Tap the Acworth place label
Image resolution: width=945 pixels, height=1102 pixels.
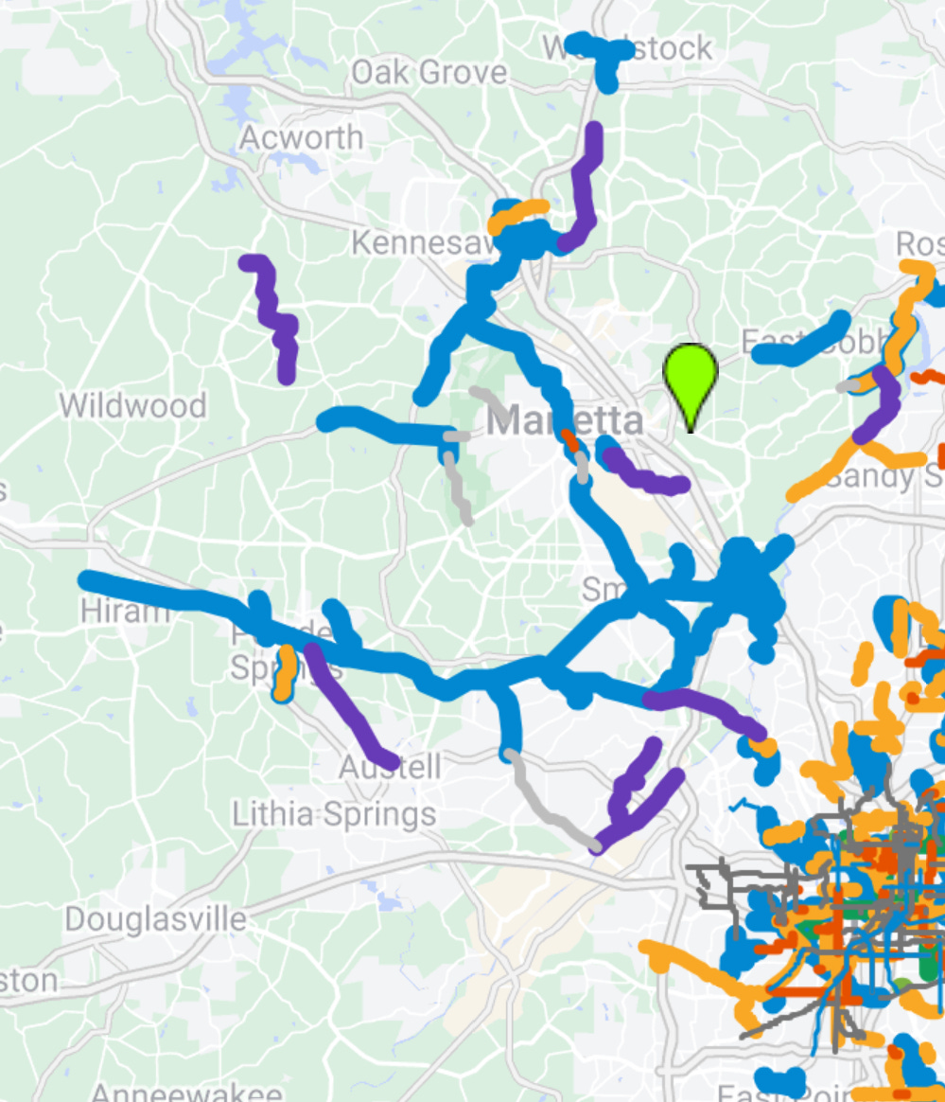coord(301,138)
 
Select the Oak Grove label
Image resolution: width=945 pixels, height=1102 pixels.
coord(429,73)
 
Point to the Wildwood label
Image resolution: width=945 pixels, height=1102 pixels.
coord(132,406)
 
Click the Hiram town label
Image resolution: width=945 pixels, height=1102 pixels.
coord(124,611)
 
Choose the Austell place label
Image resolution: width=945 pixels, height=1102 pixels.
coord(391,767)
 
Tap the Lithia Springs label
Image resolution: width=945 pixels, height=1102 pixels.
coord(335,813)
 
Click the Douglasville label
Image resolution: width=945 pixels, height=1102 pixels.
coord(156,918)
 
